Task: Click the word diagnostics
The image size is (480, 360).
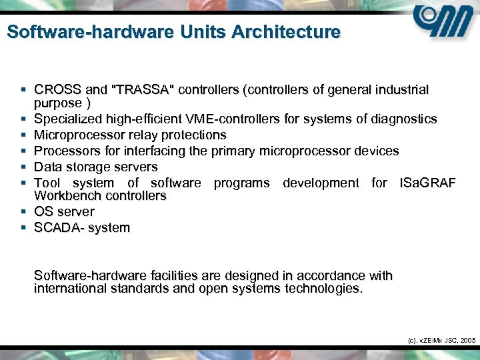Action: [404, 119]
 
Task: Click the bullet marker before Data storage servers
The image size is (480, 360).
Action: [23, 167]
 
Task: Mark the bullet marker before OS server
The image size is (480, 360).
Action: [23, 211]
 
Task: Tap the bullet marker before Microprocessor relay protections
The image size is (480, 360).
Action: [23, 135]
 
